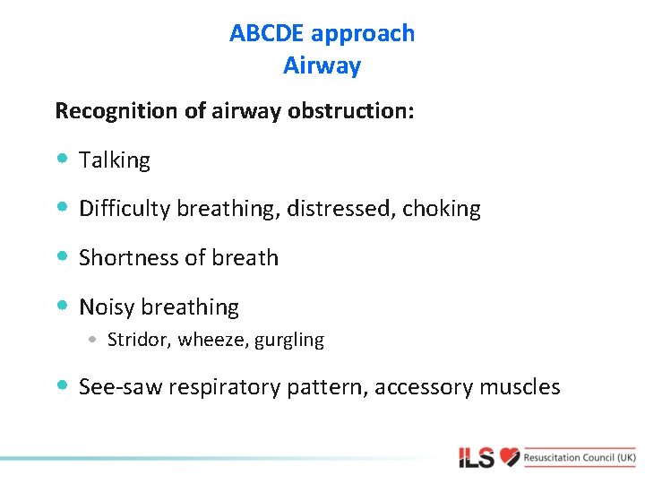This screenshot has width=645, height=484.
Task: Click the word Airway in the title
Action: click(x=322, y=66)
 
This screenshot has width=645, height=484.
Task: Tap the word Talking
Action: click(x=115, y=160)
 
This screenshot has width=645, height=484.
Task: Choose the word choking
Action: click(x=442, y=210)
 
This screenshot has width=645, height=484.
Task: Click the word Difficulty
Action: click(x=125, y=210)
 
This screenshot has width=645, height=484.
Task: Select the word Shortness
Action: click(x=125, y=258)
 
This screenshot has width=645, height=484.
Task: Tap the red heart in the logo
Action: click(x=510, y=457)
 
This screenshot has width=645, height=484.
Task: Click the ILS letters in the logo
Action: click(x=476, y=458)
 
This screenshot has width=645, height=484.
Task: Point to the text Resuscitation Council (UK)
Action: click(x=580, y=457)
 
